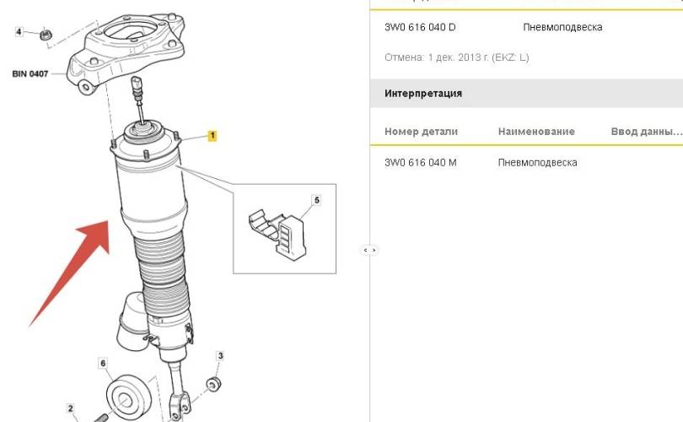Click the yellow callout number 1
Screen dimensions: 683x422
pos(212,136)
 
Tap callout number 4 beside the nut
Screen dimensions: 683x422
pos(19,32)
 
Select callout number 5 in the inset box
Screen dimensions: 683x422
pos(317,200)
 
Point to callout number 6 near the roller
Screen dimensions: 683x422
pos(103,363)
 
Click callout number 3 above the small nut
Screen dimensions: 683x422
pos(220,356)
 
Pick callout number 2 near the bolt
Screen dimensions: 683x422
pos(70,408)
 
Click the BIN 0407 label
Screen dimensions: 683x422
pos(30,74)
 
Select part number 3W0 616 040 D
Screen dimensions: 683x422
pos(420,27)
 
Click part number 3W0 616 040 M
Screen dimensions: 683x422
pos(421,163)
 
